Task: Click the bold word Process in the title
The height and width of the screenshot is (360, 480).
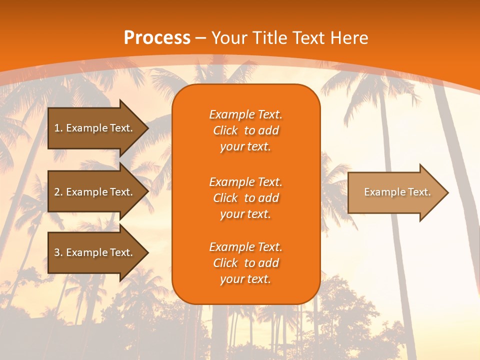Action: tap(157, 38)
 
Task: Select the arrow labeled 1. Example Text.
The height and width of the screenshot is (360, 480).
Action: tap(95, 128)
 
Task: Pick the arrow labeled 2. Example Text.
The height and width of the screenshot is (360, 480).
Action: tap(95, 192)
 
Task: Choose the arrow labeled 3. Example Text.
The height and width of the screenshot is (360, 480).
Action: tap(95, 252)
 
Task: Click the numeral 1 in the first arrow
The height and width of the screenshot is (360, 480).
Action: tap(57, 128)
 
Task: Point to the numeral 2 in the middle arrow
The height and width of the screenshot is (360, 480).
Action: tap(57, 192)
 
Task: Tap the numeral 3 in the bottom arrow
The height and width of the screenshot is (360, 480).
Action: tap(57, 252)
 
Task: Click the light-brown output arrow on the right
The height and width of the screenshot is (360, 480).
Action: tap(395, 192)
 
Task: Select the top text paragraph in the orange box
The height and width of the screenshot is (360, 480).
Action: tap(245, 130)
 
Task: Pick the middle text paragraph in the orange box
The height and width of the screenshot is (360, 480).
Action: tap(245, 198)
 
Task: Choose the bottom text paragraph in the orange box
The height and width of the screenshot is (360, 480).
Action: tap(245, 263)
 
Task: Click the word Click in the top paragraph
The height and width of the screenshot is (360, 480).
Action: tap(225, 130)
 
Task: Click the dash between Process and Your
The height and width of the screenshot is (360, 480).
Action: tap(200, 38)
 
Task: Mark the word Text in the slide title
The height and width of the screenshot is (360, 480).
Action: tap(308, 38)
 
